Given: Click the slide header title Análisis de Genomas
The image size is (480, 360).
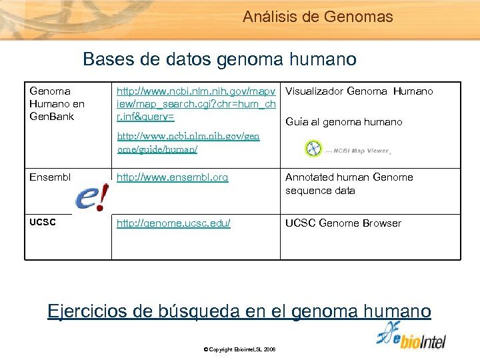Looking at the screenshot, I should tap(318, 17).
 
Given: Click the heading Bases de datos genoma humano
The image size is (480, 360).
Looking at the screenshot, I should tap(219, 59).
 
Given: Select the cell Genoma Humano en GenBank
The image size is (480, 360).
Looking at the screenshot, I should tap(57, 104).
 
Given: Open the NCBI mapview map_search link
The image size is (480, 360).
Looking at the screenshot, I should tap(196, 104).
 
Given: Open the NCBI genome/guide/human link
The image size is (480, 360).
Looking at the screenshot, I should tap(188, 143).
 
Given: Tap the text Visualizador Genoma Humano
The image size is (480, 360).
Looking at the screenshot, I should tap(359, 91).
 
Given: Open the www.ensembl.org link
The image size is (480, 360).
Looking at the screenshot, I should tap(172, 177).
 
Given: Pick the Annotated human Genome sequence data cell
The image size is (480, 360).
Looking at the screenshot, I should tap(349, 184).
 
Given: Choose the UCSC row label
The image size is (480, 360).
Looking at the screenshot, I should tap(43, 223).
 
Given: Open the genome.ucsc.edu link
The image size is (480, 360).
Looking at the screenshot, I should tap(173, 223).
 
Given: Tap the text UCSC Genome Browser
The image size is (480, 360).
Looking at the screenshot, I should tap(343, 223).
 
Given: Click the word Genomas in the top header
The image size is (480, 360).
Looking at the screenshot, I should tap(361, 17).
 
